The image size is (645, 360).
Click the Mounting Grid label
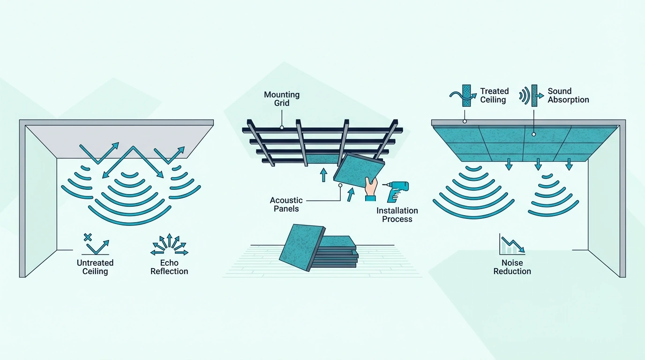282,99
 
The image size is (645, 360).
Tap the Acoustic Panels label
286,204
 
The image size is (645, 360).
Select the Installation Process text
397,215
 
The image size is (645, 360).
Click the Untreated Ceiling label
95,267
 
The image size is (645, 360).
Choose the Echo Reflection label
169,267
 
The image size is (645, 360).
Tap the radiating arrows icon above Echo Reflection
169,245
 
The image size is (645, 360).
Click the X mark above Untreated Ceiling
88,237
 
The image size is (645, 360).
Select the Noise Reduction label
512,267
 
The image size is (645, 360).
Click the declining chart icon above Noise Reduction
512,244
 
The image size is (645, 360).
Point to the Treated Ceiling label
494,95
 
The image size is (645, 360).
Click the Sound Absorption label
568,95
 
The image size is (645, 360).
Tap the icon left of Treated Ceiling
463,96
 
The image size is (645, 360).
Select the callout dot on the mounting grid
282,127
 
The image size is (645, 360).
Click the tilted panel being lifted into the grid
359,170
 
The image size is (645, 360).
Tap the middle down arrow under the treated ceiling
538,164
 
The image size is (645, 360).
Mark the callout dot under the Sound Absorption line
533,134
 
